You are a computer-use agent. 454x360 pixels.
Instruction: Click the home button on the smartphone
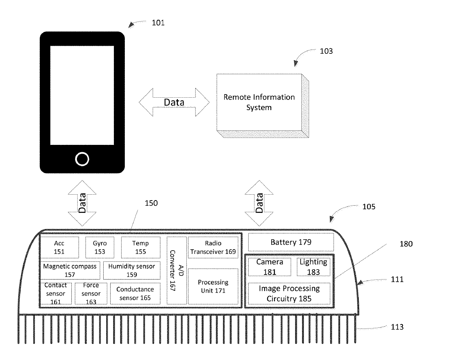click(x=82, y=159)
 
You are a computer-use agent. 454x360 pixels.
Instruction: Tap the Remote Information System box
click(x=259, y=102)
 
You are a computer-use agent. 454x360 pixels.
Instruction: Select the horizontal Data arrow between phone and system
click(x=174, y=102)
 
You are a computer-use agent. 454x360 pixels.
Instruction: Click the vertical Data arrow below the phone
click(x=82, y=203)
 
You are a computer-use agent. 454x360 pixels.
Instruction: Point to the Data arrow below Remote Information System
click(x=259, y=203)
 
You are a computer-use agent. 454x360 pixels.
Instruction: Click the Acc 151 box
click(x=59, y=247)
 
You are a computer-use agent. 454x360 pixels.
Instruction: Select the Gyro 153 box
click(x=100, y=247)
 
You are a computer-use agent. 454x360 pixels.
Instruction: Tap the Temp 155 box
click(x=141, y=247)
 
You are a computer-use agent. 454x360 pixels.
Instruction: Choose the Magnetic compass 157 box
click(x=70, y=270)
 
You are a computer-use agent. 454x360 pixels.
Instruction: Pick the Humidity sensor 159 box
click(x=132, y=270)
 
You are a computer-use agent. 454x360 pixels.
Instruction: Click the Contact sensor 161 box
click(x=56, y=293)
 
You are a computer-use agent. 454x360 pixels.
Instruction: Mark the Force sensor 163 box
click(x=91, y=293)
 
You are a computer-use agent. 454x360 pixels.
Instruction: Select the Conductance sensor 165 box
click(x=135, y=293)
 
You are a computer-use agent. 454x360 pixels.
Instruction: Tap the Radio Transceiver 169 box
click(x=213, y=247)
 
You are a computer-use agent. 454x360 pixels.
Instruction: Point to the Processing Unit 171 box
click(x=213, y=286)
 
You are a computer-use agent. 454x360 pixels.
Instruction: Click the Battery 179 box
click(x=291, y=242)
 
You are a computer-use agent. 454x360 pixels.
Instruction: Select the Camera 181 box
click(x=270, y=267)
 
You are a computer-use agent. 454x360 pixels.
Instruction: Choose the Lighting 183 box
click(x=313, y=267)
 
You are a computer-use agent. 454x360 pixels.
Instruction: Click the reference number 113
click(x=397, y=327)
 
